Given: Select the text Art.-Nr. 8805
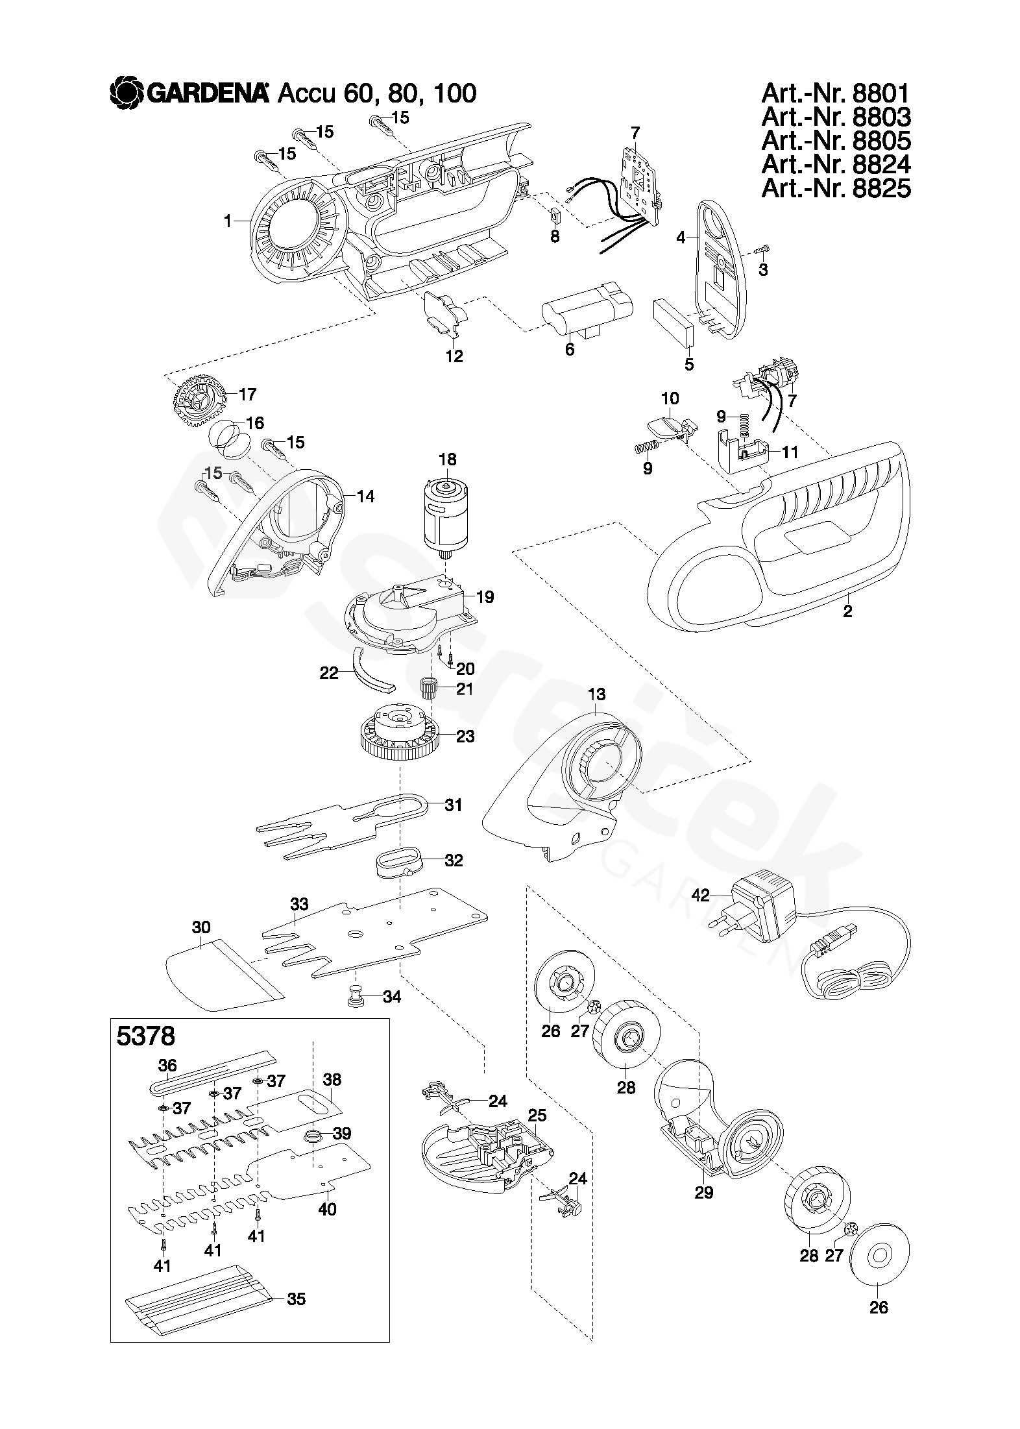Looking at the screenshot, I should coord(836,141).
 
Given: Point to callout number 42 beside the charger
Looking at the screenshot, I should coord(701,896).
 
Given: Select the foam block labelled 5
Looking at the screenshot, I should coord(674,322).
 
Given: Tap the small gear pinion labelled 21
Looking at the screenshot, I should coord(429,686).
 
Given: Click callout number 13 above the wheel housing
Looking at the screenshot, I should coord(596,694).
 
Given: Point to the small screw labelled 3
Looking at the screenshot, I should coord(762,250).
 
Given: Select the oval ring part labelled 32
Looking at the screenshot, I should coord(397,861).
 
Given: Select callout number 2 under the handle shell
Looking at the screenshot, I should coord(847,611).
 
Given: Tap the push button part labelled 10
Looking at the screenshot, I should coord(668,425).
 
